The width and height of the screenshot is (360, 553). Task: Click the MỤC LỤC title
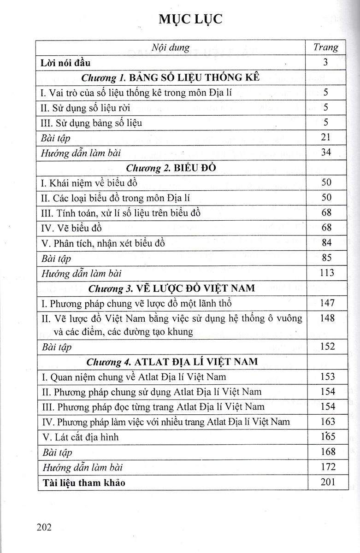click(x=190, y=18)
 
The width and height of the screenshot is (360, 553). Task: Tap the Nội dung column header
click(x=171, y=47)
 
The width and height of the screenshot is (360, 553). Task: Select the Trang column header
click(x=325, y=47)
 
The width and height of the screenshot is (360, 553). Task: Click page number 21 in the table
click(x=326, y=137)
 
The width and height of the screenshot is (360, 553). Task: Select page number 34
click(x=326, y=152)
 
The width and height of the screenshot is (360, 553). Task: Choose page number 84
click(x=326, y=242)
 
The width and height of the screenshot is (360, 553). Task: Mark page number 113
click(x=326, y=272)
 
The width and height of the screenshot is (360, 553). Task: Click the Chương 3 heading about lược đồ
click(x=171, y=288)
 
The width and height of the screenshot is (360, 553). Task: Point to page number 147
click(x=326, y=303)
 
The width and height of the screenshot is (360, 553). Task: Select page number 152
click(x=327, y=347)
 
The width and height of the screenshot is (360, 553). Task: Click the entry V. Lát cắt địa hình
click(x=80, y=436)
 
